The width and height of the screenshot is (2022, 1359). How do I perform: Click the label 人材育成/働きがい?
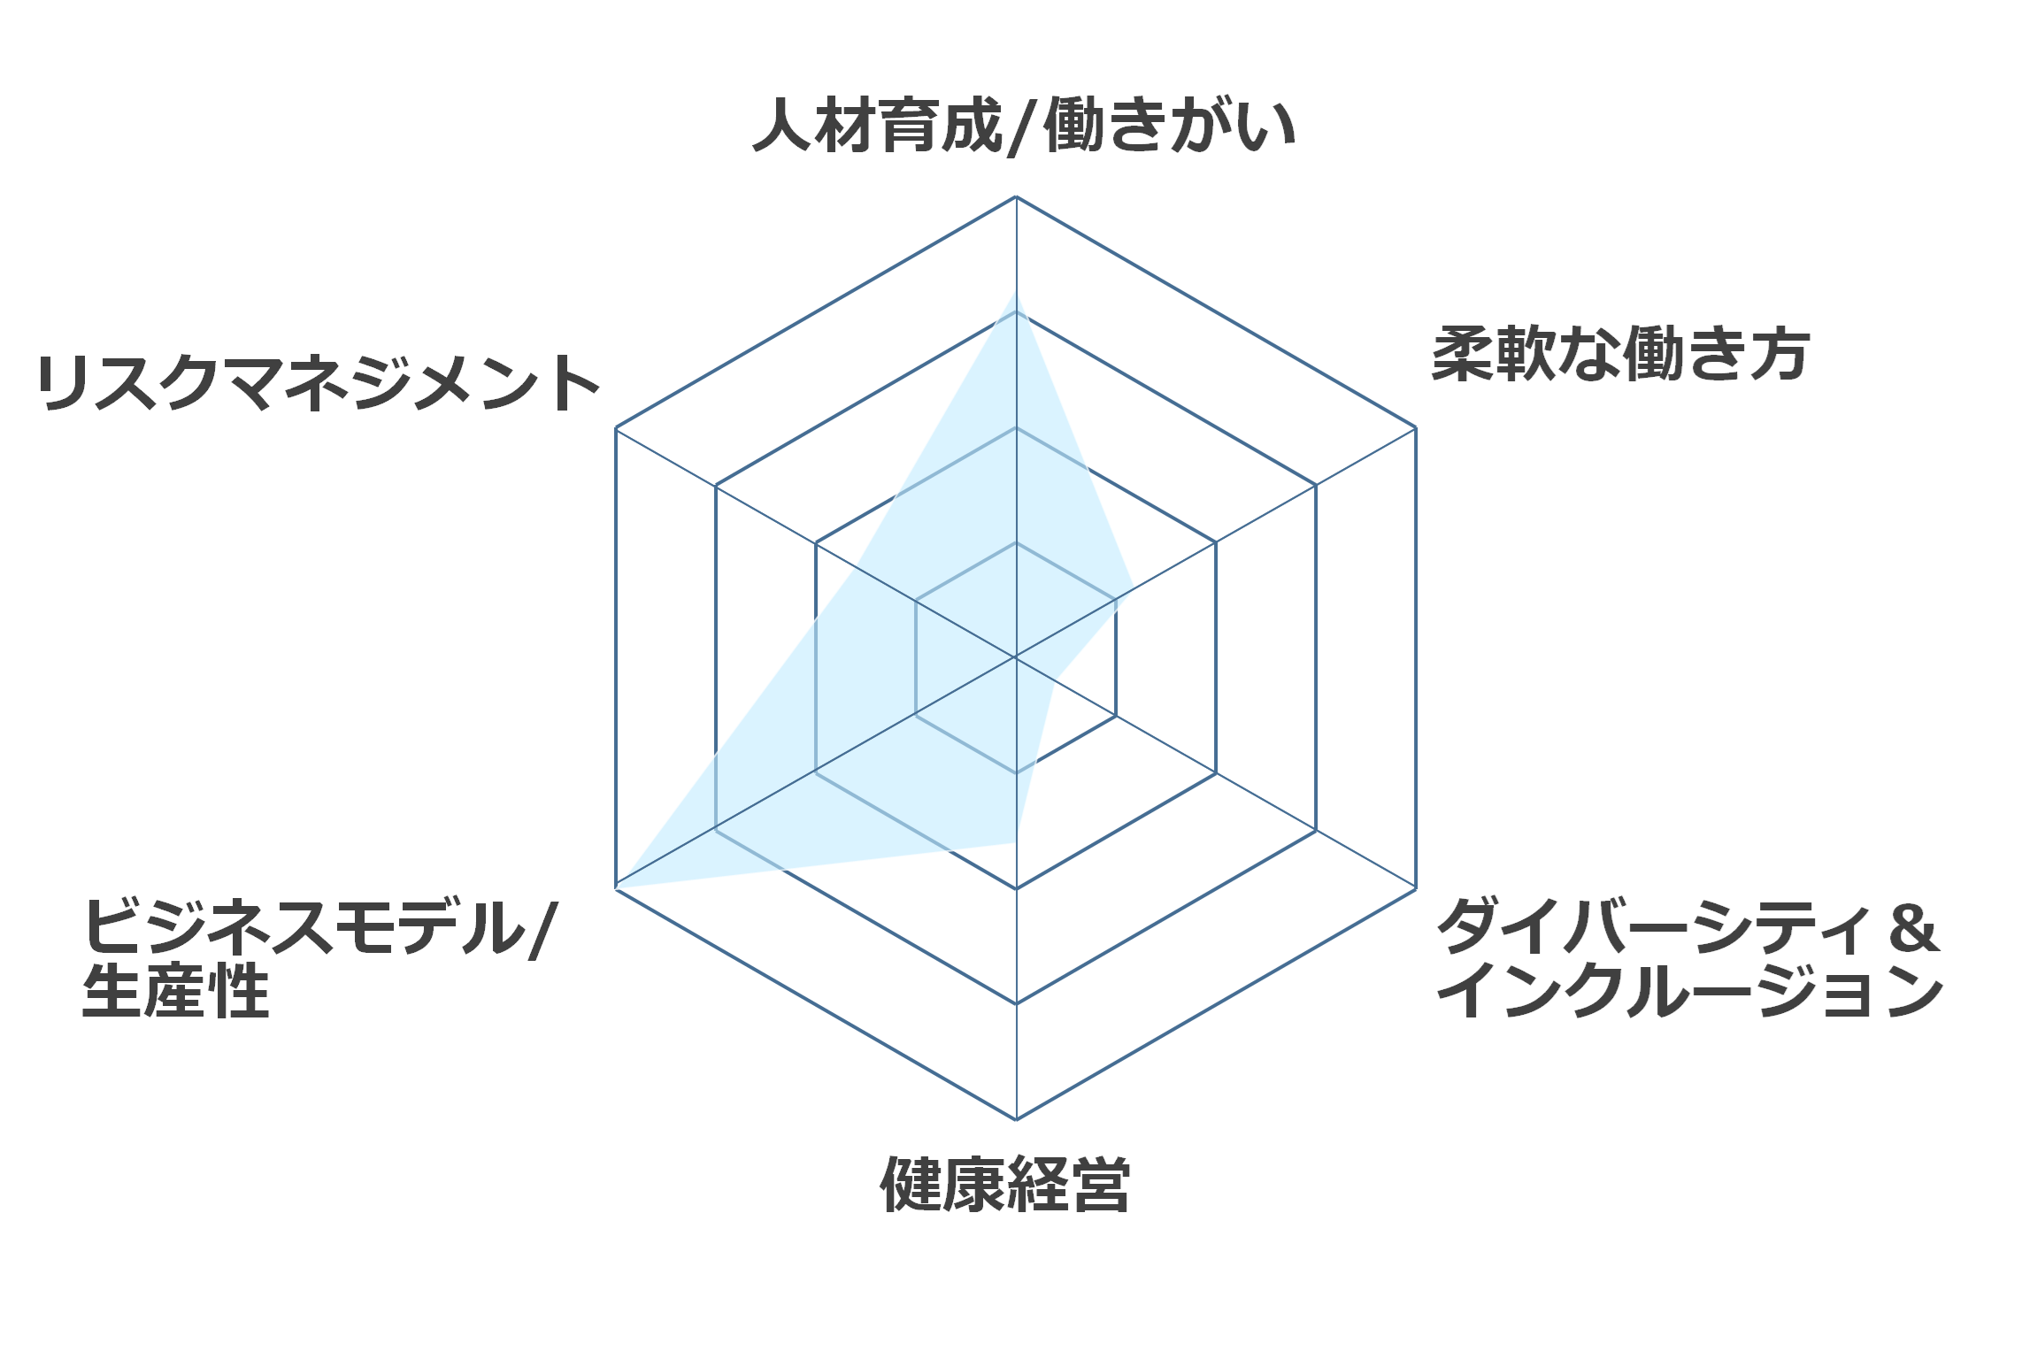[x=1025, y=127]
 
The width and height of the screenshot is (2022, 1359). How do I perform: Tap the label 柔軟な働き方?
[x=1620, y=354]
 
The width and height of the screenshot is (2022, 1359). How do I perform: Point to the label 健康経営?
[x=1005, y=1184]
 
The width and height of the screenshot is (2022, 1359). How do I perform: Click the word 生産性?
[x=175, y=991]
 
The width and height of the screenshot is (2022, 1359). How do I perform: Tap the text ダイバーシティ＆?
[x=1688, y=926]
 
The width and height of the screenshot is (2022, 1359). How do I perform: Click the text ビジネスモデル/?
[x=319, y=927]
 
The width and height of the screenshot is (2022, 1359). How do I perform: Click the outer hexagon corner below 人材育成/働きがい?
[x=1016, y=196]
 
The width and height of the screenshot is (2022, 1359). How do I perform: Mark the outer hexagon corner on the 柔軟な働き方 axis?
[x=1416, y=427]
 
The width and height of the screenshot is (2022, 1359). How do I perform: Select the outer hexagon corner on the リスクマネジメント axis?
[x=616, y=427]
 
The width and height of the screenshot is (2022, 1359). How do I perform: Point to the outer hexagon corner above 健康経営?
[x=1016, y=1119]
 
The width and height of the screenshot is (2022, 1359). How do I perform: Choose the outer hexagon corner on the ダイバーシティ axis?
[x=1416, y=888]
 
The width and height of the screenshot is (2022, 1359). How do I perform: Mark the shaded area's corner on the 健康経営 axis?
[x=1016, y=842]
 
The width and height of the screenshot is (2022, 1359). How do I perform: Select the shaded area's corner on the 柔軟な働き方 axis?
[x=1134, y=590]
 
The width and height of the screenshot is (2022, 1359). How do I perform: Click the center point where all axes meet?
[x=1016, y=657]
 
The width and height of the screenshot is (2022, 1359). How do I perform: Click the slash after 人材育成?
[x=1023, y=127]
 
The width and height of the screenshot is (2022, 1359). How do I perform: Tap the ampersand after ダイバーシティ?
[x=1914, y=927]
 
